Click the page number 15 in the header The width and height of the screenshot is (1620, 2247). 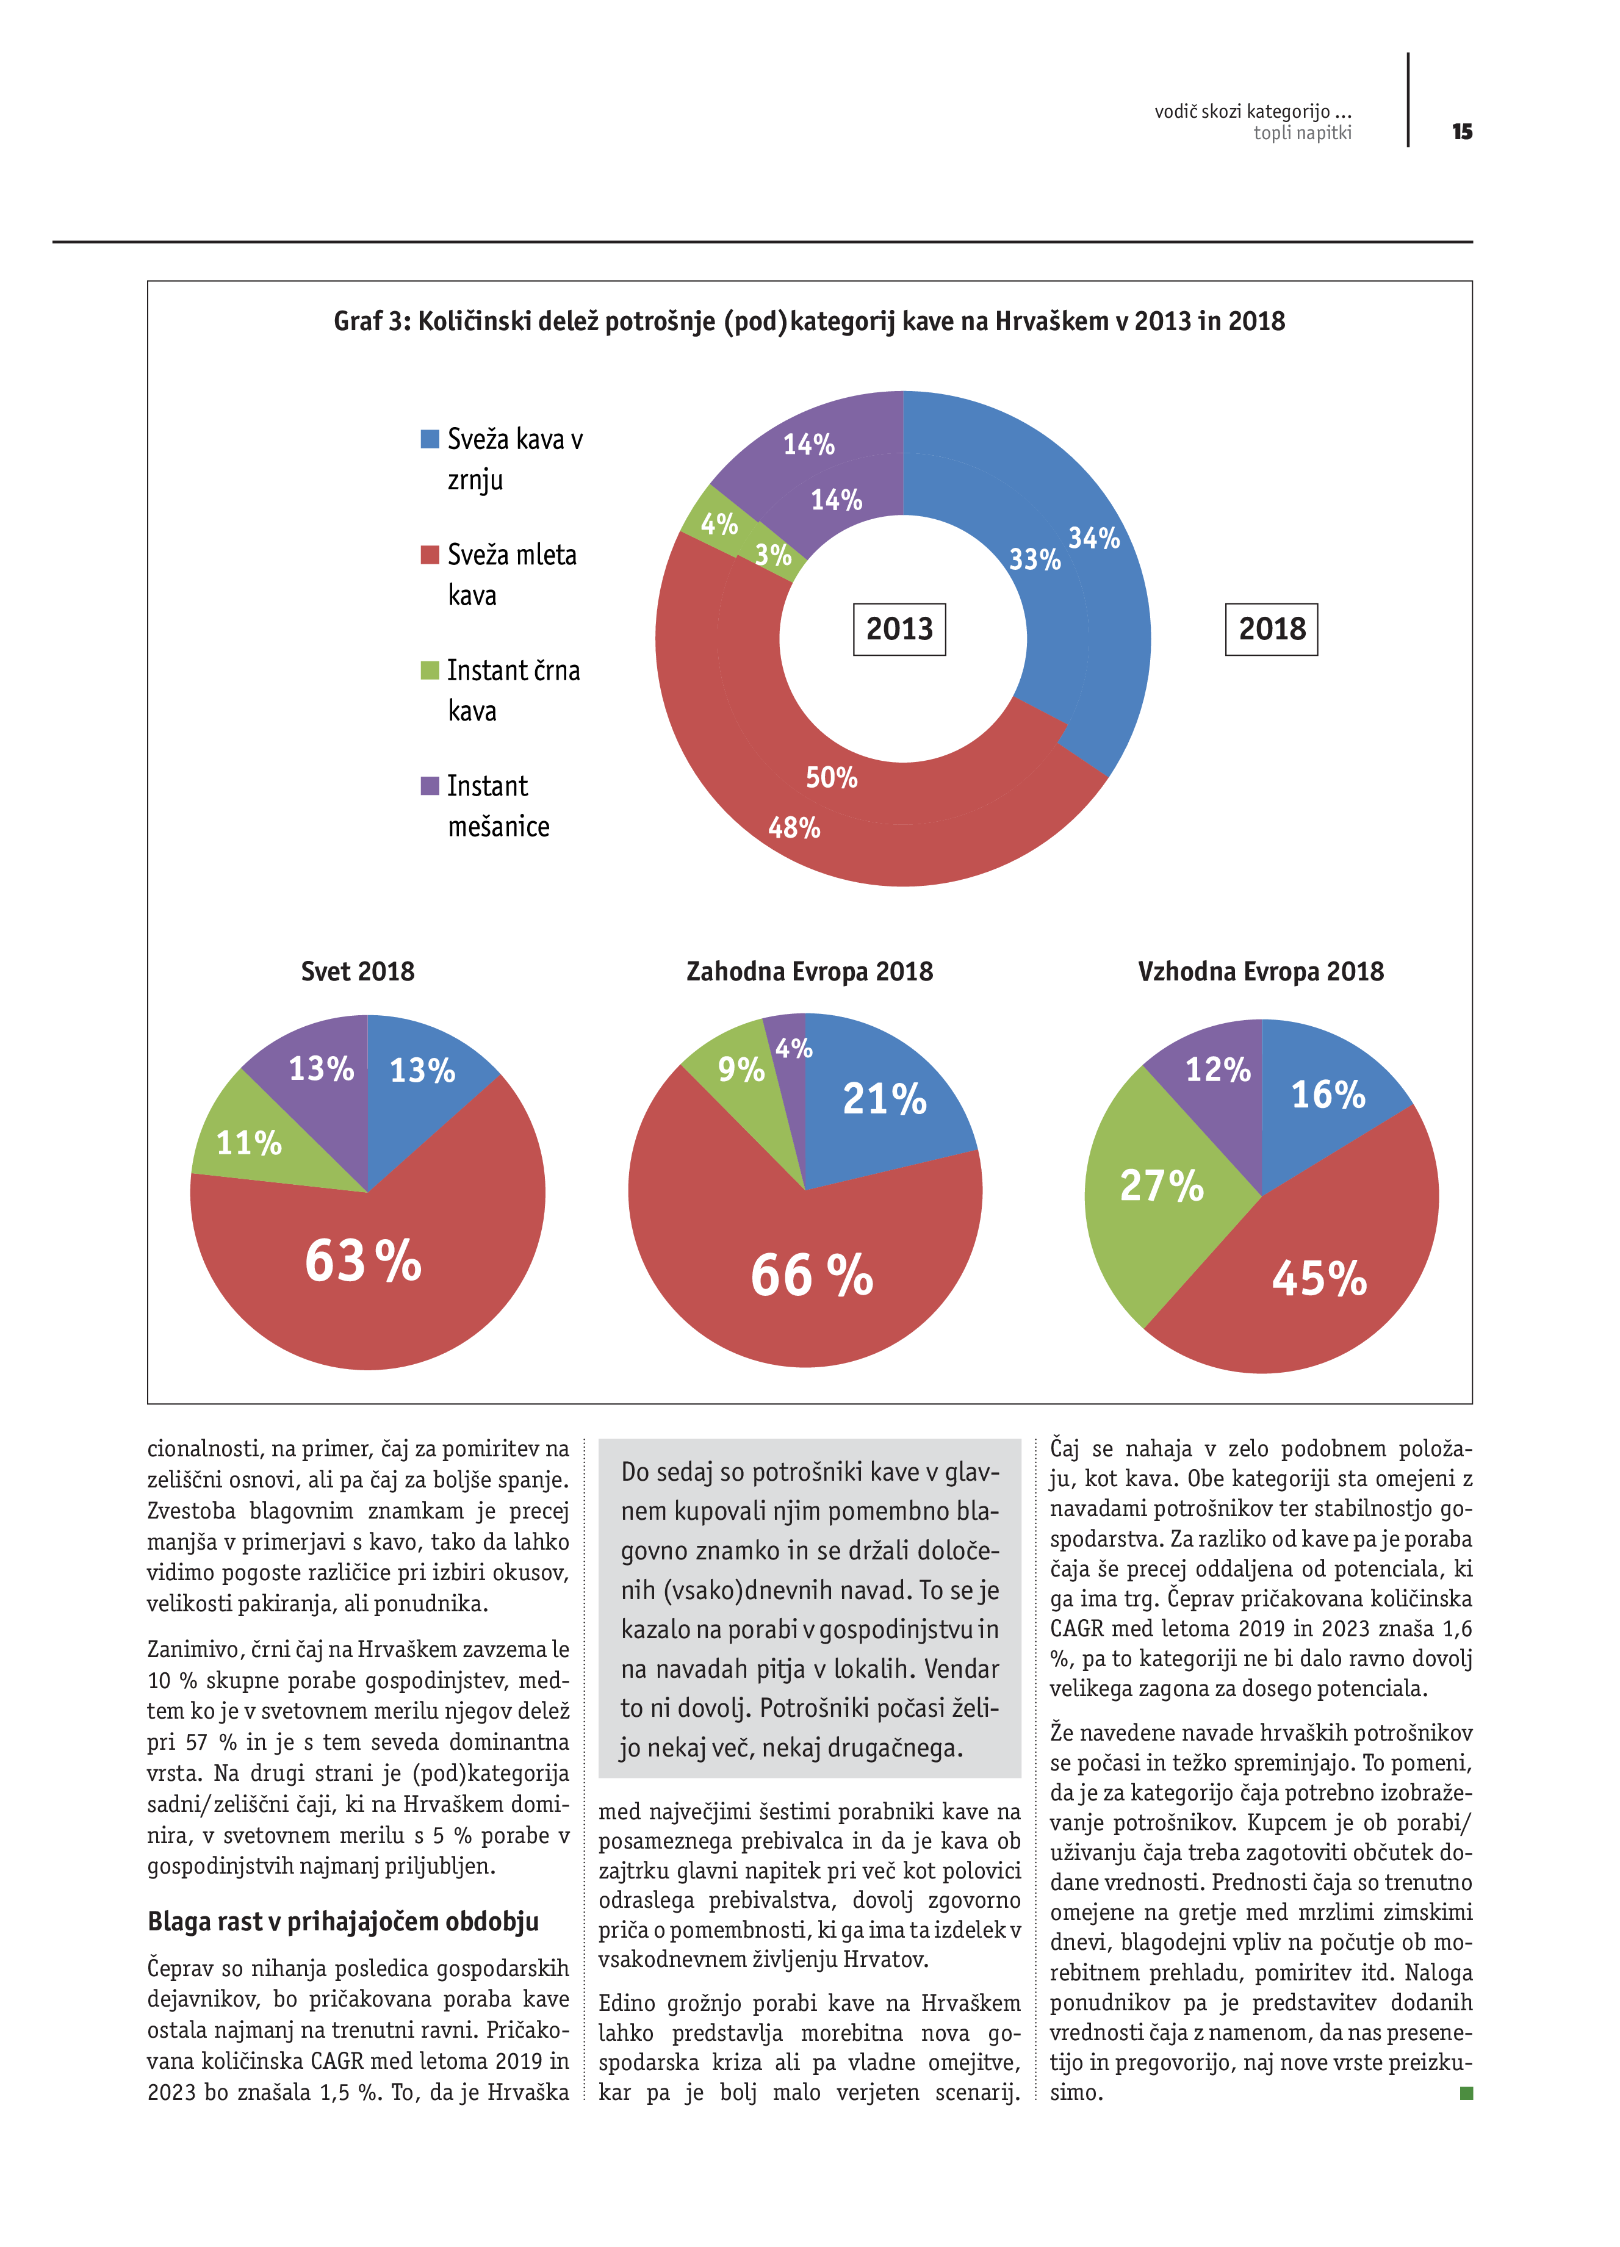[x=1461, y=132]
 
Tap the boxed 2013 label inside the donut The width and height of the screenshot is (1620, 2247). [x=899, y=629]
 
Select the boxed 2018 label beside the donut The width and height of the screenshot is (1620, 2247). [x=1271, y=629]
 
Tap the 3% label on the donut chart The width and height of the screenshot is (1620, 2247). [x=773, y=555]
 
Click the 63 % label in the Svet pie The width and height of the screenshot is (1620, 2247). [x=362, y=1261]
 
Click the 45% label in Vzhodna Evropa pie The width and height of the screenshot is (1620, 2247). [x=1319, y=1278]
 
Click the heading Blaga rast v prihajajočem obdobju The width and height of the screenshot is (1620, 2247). [x=343, y=1921]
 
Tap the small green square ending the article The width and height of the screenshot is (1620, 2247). [x=1466, y=2093]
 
